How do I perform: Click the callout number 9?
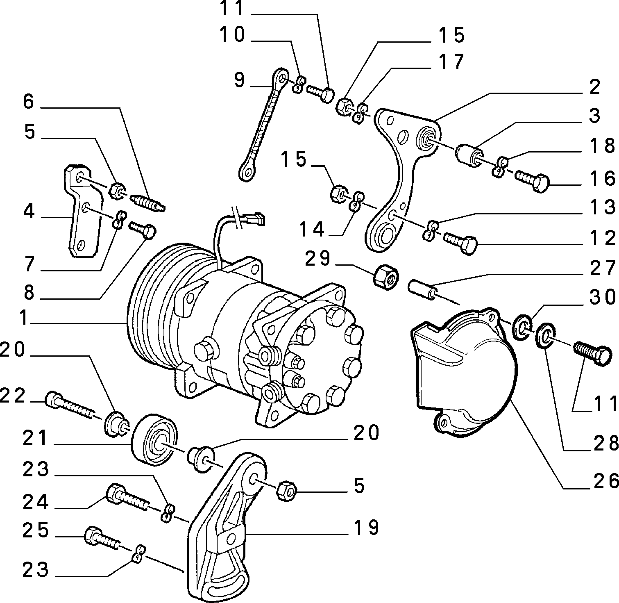[x=240, y=80]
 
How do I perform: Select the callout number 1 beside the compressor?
[x=25, y=318]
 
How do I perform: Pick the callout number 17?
[x=451, y=61]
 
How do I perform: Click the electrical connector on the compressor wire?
[x=253, y=218]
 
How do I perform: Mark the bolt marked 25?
[x=102, y=538]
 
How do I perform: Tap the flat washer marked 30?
[x=522, y=327]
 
